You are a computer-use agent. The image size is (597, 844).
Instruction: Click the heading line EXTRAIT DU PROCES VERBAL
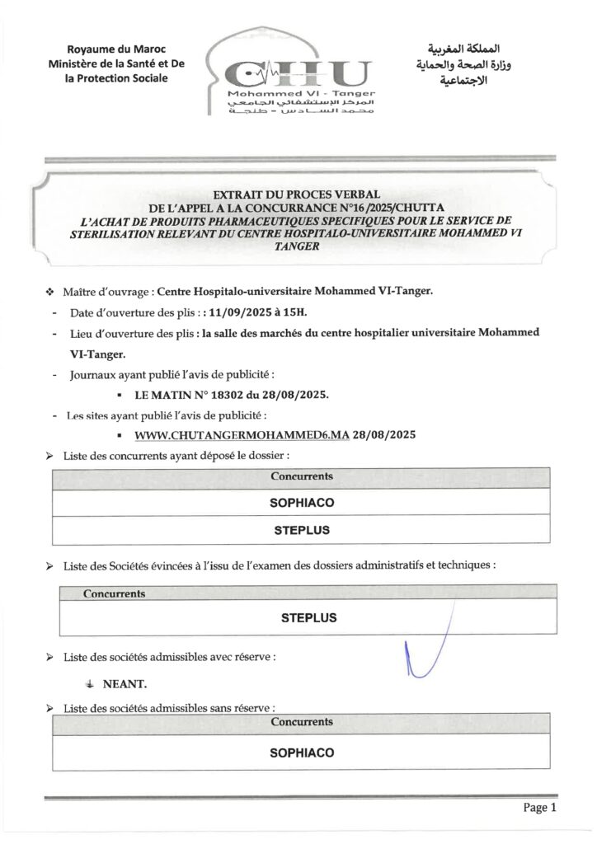click(x=299, y=191)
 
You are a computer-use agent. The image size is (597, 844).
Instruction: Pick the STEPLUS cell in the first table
click(x=302, y=530)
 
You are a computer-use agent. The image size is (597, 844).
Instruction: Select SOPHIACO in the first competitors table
click(x=302, y=501)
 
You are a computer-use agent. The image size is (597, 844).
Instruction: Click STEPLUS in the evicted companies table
click(x=308, y=617)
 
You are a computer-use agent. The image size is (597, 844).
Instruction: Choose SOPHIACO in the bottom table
click(x=302, y=753)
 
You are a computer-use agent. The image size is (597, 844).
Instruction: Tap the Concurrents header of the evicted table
click(x=115, y=593)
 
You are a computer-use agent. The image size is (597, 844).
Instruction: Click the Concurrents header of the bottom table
click(x=302, y=721)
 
